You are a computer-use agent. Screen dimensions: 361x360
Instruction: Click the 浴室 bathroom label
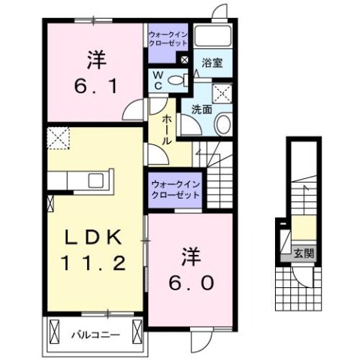coord(212,65)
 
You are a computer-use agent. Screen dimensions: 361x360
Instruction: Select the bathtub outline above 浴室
coord(213,37)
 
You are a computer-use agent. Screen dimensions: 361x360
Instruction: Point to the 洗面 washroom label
coord(201,109)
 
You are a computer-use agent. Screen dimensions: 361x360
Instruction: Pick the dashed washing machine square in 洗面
coord(222,93)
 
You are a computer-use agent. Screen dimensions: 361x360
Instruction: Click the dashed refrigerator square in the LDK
coord(58,138)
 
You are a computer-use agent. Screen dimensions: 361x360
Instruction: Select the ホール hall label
coord(165,130)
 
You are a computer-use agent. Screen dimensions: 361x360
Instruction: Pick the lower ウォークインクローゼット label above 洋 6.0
coord(174,188)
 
